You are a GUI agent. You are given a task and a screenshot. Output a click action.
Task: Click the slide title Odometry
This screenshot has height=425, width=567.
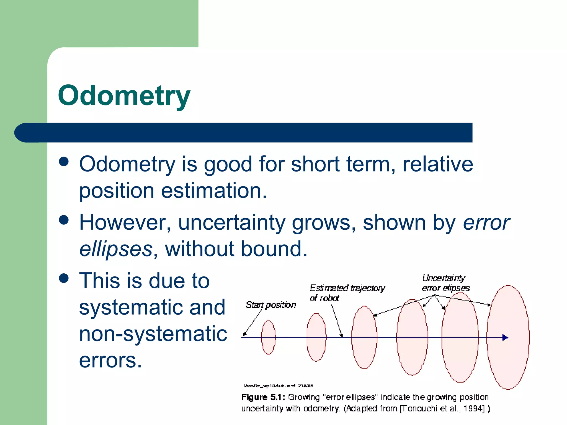(124, 95)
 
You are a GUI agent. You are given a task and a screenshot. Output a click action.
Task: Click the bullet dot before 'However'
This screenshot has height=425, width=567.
(64, 220)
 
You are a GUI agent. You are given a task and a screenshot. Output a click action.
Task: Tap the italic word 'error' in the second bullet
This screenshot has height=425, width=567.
(486, 223)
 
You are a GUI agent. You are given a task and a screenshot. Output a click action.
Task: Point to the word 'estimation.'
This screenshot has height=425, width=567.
(214, 191)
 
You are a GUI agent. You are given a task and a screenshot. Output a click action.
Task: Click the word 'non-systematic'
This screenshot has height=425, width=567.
(153, 334)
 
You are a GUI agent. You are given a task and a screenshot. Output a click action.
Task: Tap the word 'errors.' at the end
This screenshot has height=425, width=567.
(110, 360)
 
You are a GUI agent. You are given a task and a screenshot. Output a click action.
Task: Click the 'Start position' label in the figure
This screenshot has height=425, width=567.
(270, 305)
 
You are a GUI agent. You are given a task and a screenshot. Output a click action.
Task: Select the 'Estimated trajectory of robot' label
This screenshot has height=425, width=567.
(347, 293)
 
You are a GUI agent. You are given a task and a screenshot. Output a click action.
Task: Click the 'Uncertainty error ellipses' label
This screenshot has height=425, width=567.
(445, 283)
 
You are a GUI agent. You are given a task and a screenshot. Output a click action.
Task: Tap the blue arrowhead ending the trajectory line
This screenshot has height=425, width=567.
(505, 338)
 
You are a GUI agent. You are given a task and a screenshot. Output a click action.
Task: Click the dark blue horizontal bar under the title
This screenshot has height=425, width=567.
(249, 133)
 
